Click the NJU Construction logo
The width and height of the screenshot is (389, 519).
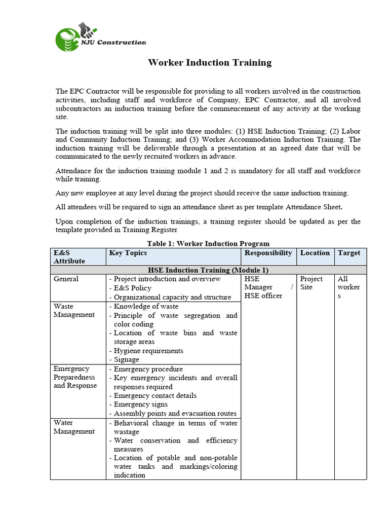[100, 38]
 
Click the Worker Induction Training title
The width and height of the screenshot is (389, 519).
[209, 63]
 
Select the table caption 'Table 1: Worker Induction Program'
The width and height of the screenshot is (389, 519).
[208, 243]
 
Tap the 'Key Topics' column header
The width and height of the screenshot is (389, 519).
[128, 253]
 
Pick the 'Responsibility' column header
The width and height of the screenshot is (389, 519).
[268, 253]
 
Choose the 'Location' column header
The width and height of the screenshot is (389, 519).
[315, 253]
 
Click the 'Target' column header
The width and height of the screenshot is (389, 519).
[349, 253]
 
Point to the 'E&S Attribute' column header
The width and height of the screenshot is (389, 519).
[69, 257]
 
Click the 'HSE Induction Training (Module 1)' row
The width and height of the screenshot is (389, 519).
[208, 270]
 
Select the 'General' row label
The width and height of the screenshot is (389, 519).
[66, 279]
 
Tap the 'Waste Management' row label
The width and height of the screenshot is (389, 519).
[74, 310]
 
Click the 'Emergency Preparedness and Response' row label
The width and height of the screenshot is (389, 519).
[75, 377]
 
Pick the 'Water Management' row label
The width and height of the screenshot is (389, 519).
[74, 427]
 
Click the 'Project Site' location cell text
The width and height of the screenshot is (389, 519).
[311, 283]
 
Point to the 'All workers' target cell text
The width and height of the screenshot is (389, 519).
[348, 287]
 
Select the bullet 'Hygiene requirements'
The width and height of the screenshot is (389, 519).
[148, 351]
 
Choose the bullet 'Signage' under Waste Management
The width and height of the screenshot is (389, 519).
[126, 359]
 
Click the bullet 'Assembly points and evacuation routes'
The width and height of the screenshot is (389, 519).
[175, 413]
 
